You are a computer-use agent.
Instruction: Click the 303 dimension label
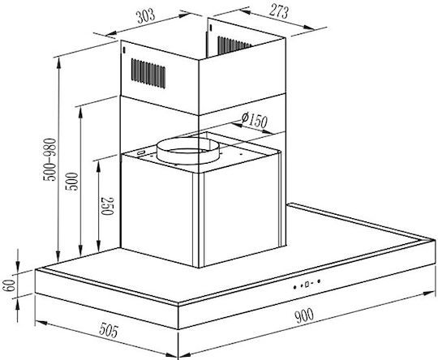pos(145,16)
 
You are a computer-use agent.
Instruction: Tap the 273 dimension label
pos(279,12)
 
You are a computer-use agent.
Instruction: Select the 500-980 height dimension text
pos(49,160)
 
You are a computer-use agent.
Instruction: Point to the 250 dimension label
pos(108,206)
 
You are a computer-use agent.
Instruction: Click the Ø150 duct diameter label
pos(255,120)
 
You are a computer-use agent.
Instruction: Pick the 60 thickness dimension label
pos(9,285)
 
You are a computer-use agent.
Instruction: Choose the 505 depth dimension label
pos(109,330)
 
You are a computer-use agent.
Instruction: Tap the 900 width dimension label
pos(304,315)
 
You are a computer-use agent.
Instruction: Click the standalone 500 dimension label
pos(71,182)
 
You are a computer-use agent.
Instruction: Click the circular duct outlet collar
pos(187,151)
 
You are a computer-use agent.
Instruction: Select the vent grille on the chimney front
pos(148,73)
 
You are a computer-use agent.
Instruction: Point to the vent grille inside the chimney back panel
pos(234,44)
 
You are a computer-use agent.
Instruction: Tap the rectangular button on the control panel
pos(307,285)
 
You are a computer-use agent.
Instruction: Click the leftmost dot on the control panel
pos(294,287)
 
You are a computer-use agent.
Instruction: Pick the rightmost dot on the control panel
pos(319,281)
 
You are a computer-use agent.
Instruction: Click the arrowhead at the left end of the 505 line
pos(41,323)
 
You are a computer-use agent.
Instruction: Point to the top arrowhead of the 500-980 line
pos(58,63)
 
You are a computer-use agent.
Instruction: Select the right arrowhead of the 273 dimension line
pos(308,27)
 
